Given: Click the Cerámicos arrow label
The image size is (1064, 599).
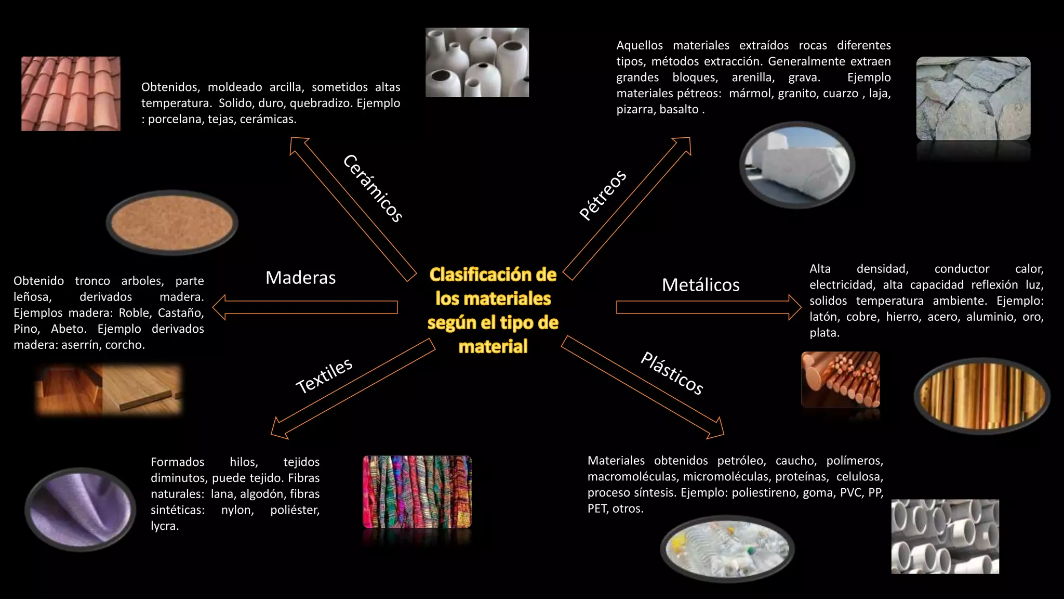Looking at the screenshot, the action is tap(373, 188).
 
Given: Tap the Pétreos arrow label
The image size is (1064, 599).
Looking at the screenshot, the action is tap(603, 195).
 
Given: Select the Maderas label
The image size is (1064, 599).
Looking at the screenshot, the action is tap(300, 278).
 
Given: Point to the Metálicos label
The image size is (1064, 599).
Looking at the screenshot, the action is tap(700, 285).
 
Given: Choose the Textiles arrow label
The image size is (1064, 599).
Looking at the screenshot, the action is tap(324, 375).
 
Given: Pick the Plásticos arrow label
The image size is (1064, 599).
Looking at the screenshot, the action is tap(672, 373).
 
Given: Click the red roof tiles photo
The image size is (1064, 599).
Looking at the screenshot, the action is tap(71, 94).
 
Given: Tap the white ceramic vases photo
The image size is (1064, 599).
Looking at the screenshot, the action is tap(477, 62).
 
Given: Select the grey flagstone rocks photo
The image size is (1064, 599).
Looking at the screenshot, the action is tap(973, 99).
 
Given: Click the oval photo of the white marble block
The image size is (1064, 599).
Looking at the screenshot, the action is tap(797, 165).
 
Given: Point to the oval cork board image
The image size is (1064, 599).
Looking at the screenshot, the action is tap(172, 223).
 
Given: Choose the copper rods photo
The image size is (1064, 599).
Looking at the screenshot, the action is tap(840, 379).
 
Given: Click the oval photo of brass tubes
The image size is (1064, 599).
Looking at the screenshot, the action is tap(982, 396).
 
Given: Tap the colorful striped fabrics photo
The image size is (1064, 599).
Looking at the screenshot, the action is tap(417, 492).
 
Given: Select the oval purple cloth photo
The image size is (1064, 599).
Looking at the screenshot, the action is tap(81, 509).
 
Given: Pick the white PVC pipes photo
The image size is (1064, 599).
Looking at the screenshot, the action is tap(945, 537).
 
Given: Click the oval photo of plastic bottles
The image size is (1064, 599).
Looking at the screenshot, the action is tap(727, 549).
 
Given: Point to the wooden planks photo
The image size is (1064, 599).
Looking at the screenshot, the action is tap(109, 389).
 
